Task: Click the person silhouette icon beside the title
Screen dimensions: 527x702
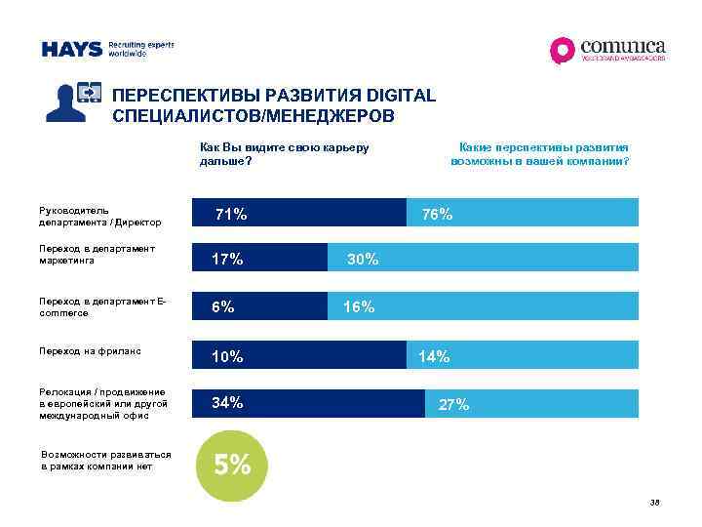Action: [x=75, y=101]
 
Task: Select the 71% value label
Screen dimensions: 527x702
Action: [x=231, y=214]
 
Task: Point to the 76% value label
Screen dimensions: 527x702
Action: [x=436, y=215]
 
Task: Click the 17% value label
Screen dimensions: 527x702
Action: [x=227, y=260]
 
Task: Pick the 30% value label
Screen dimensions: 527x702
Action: [x=363, y=260]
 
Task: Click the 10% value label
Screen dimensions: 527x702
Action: [x=227, y=357]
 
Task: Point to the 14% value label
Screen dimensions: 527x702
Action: [x=434, y=357]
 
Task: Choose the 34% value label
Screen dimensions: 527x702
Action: [x=227, y=403]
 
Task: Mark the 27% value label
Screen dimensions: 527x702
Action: [x=454, y=405]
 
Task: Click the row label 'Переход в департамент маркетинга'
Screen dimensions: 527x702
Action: [x=97, y=255]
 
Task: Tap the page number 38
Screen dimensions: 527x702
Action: [x=654, y=503]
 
